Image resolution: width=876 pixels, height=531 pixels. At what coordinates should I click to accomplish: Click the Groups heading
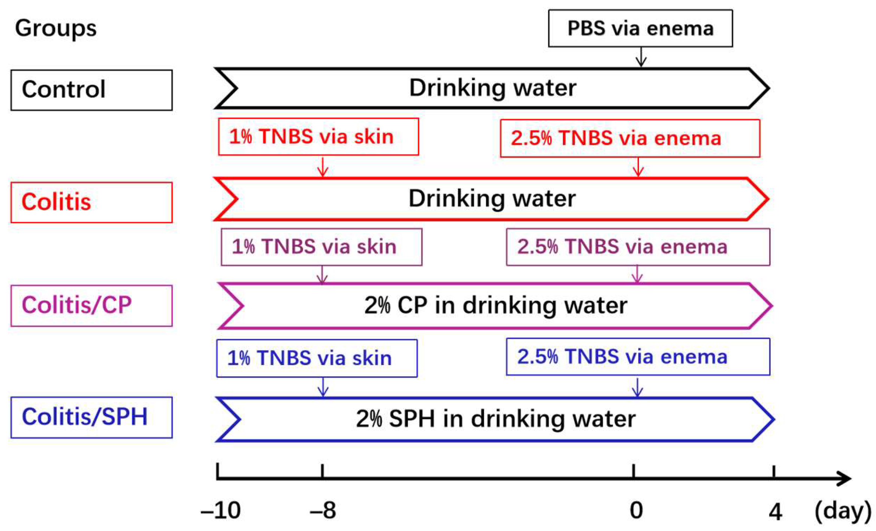tap(55, 28)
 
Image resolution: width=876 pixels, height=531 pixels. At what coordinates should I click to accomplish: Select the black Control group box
tap(91, 90)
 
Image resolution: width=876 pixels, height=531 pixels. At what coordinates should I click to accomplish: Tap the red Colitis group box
tap(91, 202)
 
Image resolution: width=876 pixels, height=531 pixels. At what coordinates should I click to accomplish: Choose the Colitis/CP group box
tap(91, 305)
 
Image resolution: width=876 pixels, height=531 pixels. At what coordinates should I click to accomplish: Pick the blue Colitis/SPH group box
tap(91, 417)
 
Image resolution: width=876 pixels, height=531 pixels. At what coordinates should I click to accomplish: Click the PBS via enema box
tap(640, 28)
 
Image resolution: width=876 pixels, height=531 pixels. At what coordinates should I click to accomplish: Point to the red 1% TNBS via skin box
tap(318, 136)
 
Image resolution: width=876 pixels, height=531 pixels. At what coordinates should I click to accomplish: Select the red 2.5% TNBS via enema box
tap(630, 138)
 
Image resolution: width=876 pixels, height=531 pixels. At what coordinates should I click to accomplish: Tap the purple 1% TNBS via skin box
tap(321, 247)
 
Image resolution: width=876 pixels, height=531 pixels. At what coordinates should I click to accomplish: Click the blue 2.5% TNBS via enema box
tap(638, 356)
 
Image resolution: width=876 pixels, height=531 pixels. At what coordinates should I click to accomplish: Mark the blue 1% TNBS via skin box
tap(317, 358)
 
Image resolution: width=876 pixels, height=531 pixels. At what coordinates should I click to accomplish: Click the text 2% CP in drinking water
tap(495, 305)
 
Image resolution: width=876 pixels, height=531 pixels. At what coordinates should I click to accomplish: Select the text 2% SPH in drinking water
tap(495, 419)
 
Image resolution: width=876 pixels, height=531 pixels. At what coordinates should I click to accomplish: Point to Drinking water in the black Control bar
tap(492, 88)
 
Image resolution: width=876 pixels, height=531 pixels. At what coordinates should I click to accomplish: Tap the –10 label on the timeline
tap(221, 510)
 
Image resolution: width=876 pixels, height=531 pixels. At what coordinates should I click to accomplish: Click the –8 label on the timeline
tap(323, 510)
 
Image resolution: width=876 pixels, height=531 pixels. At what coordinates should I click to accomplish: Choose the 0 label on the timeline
tap(636, 510)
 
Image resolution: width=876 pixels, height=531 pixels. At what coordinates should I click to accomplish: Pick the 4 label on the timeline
tap(775, 512)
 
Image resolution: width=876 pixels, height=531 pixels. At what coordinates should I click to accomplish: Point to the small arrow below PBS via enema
tap(641, 57)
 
